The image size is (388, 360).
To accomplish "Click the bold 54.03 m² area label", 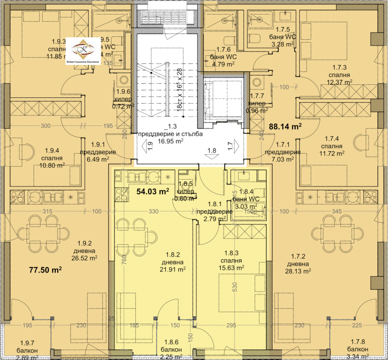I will point(153,191).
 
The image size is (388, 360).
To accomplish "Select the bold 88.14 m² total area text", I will point(285,126).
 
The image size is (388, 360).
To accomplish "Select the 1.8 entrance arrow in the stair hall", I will point(211,153).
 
